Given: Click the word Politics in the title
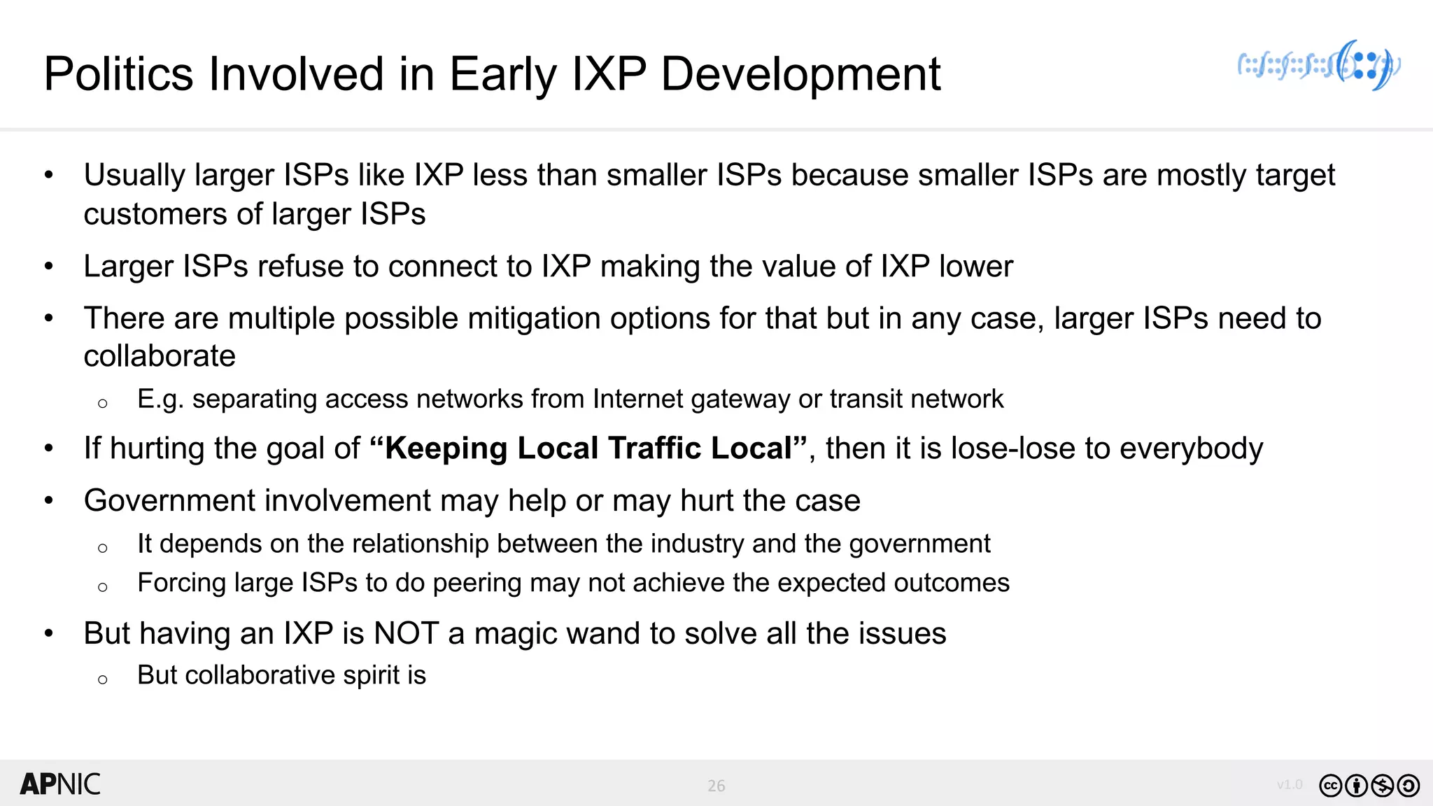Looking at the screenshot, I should point(118,74).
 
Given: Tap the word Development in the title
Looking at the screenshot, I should point(800,74).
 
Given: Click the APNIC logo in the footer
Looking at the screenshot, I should point(60,784).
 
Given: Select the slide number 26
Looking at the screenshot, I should point(716,786).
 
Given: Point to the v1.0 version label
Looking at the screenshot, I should point(1289,784).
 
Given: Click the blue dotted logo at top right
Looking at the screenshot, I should point(1318,66).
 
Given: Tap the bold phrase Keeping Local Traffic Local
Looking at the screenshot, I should point(588,448).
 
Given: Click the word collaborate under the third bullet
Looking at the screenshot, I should point(160,357).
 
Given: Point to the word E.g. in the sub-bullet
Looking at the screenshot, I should point(160,400).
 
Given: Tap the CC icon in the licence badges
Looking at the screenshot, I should point(1330,786).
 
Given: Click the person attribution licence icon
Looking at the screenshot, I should point(1356,786).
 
